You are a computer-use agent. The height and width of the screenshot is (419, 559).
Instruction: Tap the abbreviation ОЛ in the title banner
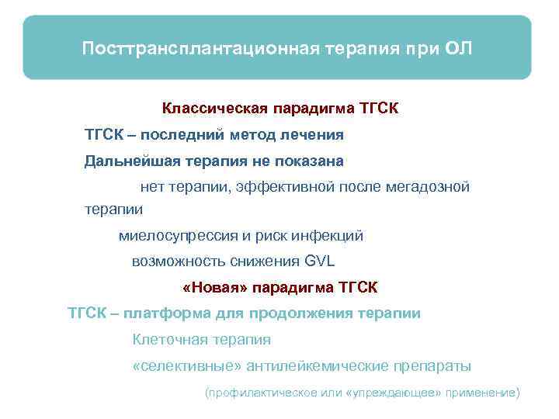point(458,49)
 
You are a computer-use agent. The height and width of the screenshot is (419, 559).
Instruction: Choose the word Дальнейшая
point(130,161)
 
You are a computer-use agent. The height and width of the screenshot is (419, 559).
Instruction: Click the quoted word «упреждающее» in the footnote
point(395,393)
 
